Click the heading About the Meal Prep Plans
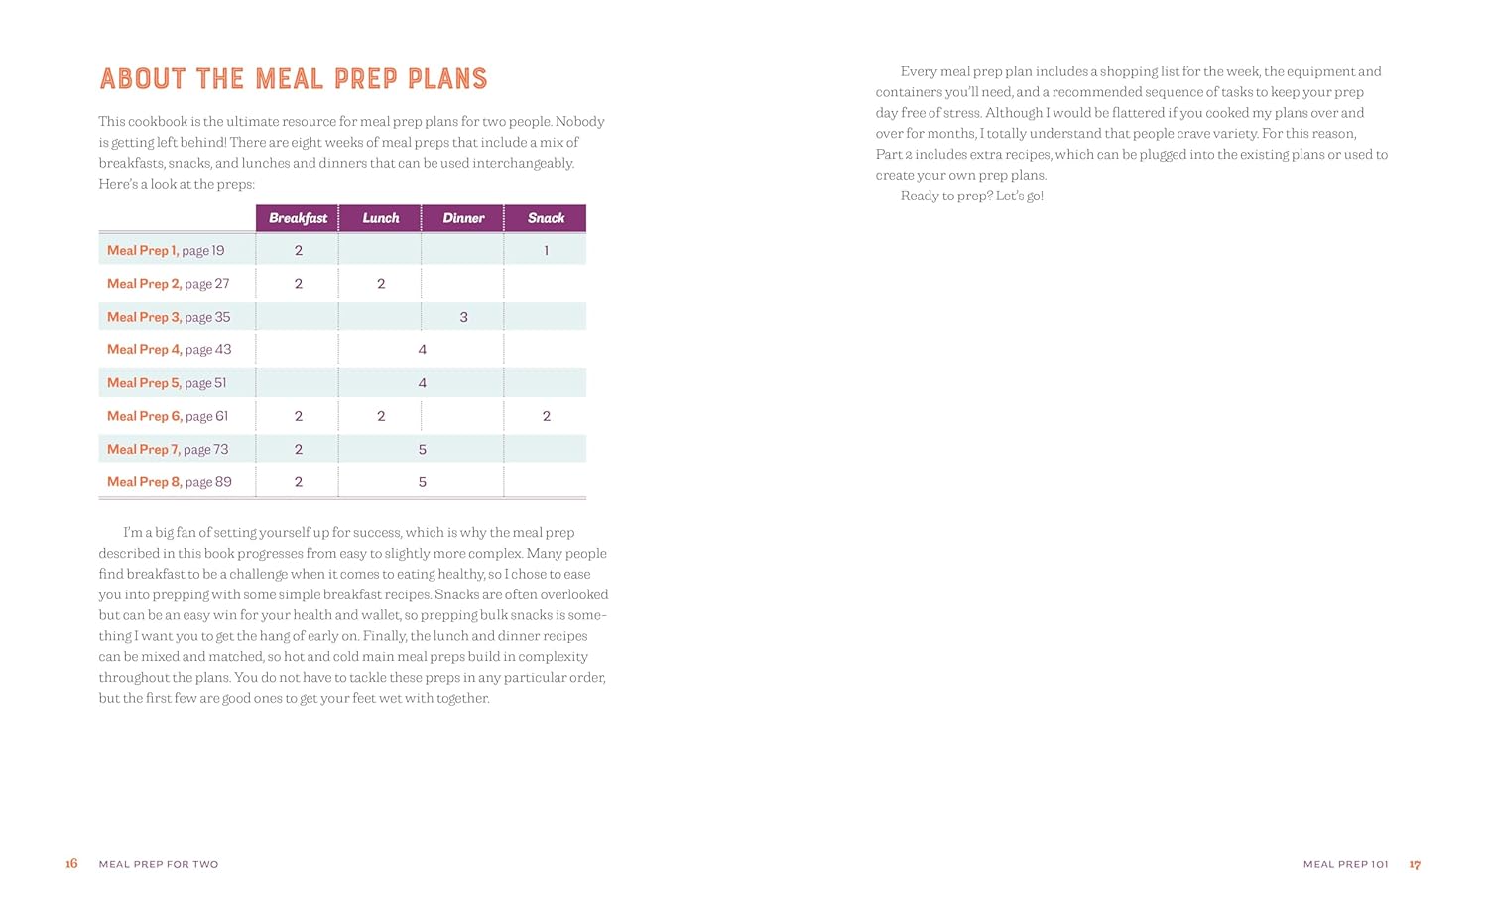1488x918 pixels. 294,79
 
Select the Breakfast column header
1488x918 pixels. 298,218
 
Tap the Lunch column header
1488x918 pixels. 381,218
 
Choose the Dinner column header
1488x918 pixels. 463,218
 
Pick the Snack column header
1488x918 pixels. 546,218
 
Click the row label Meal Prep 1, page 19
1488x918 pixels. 166,251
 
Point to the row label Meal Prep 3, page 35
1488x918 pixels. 169,317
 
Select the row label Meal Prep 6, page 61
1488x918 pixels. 168,416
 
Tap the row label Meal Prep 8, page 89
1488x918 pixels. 170,482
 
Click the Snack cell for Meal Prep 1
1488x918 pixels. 546,251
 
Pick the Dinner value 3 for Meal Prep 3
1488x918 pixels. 463,317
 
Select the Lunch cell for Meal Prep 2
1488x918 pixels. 381,284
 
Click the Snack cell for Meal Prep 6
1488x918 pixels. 546,416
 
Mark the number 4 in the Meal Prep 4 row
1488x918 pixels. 423,349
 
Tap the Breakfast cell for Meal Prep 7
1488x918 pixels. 298,449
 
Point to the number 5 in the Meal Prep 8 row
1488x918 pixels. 423,482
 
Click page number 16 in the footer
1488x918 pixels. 71,864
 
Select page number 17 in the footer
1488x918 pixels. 1415,865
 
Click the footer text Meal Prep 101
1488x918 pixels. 1345,865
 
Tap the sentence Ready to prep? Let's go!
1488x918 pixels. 971,197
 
